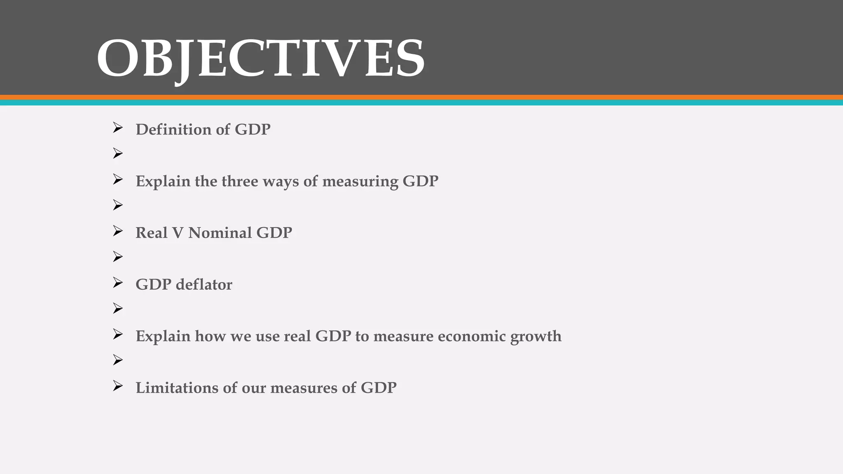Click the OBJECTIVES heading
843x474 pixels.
coord(261,58)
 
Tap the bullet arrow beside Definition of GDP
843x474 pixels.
coord(118,128)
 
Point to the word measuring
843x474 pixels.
coord(360,181)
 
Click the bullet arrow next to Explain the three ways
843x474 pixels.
coord(118,179)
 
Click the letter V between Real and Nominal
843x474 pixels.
coord(178,233)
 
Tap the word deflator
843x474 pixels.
coord(204,285)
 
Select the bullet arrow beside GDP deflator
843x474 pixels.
coord(118,283)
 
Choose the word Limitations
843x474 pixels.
coord(177,388)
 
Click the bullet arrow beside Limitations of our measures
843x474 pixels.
coord(118,386)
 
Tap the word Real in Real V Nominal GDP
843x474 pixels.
coord(151,233)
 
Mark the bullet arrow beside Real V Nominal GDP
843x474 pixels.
coord(118,231)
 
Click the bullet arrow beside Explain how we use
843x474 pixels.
coord(118,335)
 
